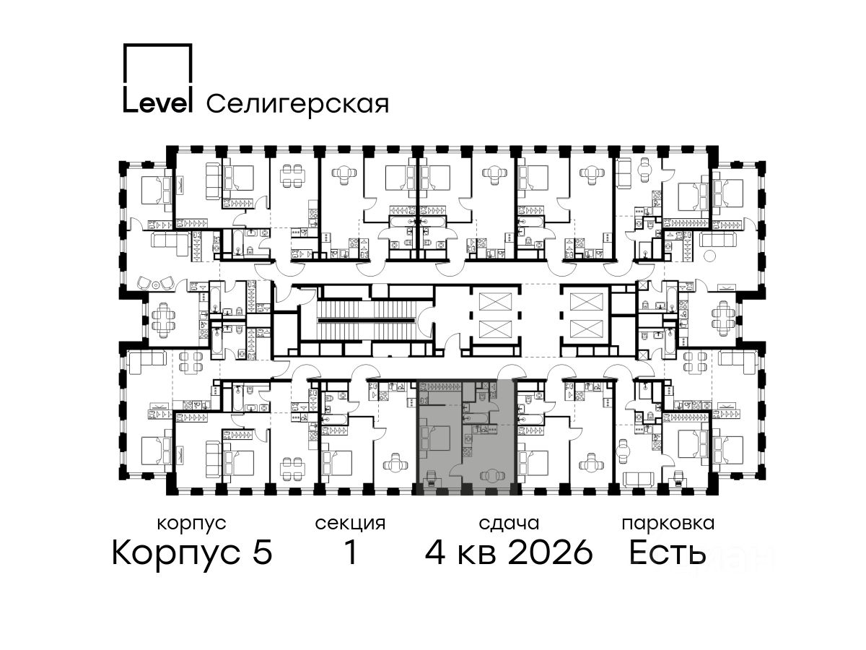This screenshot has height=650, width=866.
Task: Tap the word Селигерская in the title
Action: (298, 105)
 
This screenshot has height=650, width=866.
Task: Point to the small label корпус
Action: (192, 524)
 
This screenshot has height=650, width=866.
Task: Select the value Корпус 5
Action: (192, 552)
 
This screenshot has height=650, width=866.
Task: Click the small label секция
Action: (350, 524)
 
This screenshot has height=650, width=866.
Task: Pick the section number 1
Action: (351, 552)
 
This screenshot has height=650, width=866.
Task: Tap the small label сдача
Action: (509, 524)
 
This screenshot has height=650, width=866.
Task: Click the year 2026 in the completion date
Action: (551, 552)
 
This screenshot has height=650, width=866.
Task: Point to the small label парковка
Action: (668, 524)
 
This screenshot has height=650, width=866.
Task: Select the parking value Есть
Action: (668, 552)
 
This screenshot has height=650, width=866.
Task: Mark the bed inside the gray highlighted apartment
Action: (436, 438)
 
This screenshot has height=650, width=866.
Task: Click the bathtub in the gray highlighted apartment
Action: (476, 417)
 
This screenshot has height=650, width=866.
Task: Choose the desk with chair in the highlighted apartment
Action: (432, 479)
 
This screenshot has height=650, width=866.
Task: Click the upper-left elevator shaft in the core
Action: (495, 301)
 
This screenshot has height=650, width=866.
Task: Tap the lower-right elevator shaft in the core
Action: (586, 329)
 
